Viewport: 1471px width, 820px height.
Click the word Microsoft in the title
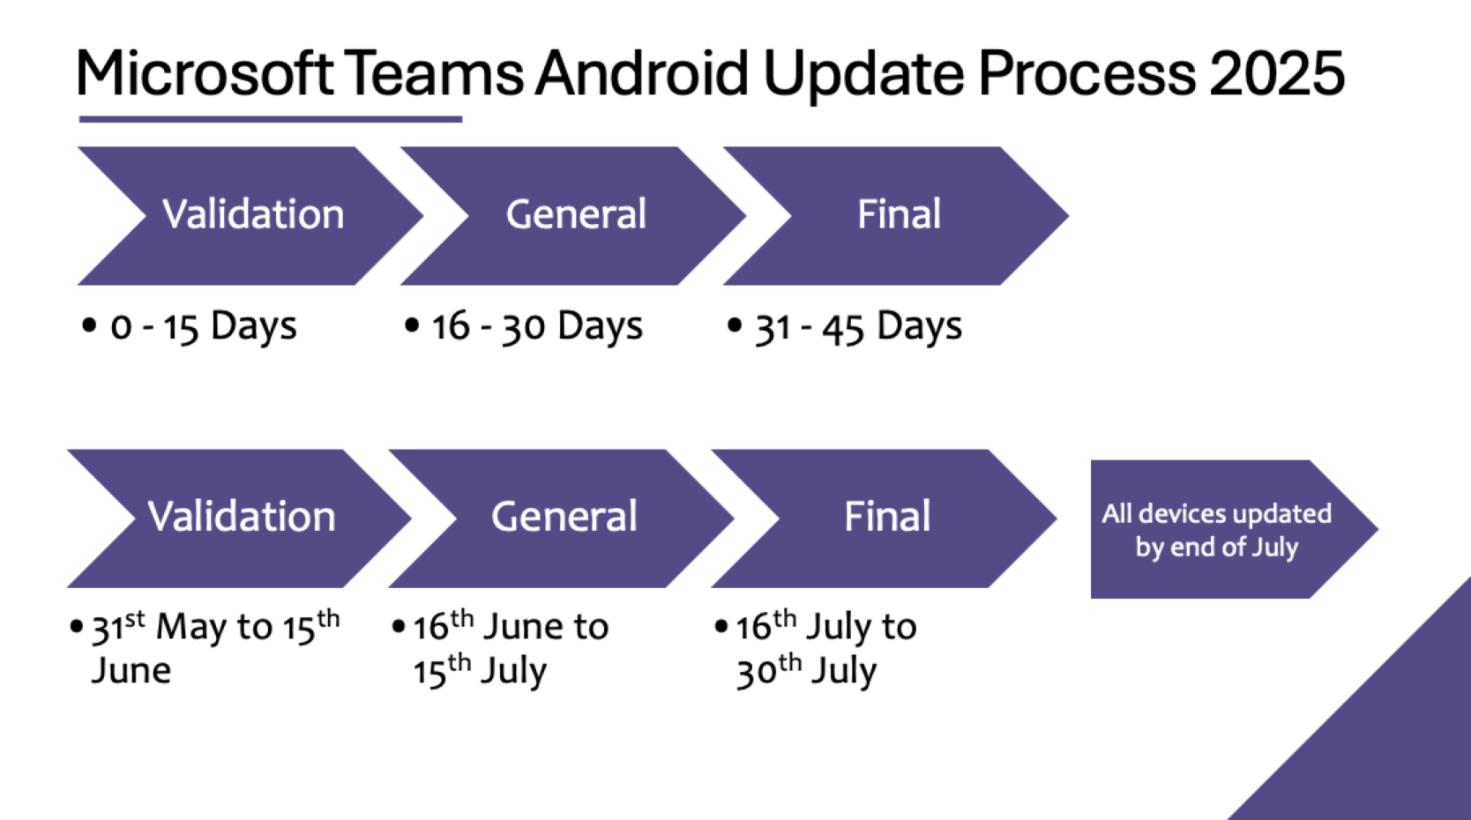pos(204,73)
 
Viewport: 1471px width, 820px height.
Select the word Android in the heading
pos(642,73)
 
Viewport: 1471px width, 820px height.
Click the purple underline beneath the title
pos(270,118)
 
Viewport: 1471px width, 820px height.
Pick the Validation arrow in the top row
pos(252,215)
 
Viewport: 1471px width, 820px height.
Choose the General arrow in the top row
pos(575,215)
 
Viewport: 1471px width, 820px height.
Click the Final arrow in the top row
pos(898,215)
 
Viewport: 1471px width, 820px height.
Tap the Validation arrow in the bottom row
pos(241,518)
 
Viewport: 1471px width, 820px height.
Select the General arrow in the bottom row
pos(564,518)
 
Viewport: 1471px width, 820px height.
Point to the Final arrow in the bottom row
pos(886,518)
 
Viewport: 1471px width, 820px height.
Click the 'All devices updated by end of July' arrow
pos(1217,530)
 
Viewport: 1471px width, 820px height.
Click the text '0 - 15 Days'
pos(203,327)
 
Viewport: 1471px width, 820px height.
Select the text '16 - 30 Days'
pos(536,327)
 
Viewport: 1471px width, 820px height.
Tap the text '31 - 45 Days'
pos(857,327)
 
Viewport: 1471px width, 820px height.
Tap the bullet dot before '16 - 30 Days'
pos(411,325)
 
